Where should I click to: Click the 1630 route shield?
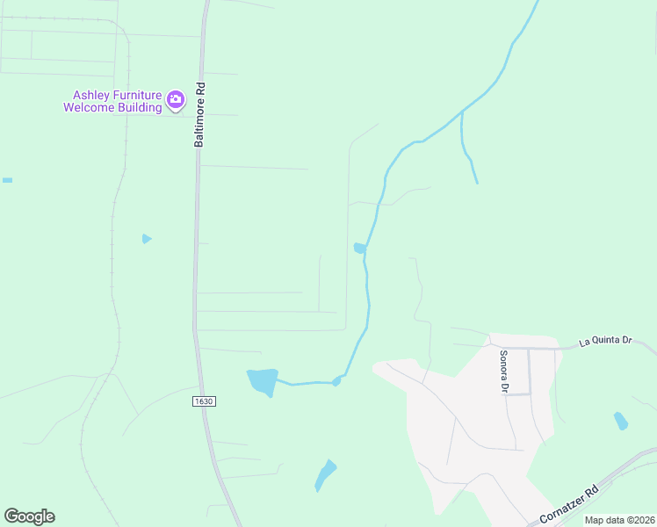[x=202, y=401]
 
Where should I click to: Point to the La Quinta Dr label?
[x=605, y=340]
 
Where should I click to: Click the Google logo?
[x=29, y=516]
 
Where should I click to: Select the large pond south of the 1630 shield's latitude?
[x=263, y=380]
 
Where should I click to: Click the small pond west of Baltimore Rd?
[x=147, y=239]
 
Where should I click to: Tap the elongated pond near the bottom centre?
[x=325, y=475]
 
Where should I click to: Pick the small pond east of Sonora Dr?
[x=621, y=421]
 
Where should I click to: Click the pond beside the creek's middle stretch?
[x=359, y=249]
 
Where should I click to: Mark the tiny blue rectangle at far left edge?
[x=7, y=180]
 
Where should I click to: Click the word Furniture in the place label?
[x=134, y=95]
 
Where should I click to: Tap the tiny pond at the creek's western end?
[x=336, y=381]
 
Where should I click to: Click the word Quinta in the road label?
[x=605, y=340]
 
